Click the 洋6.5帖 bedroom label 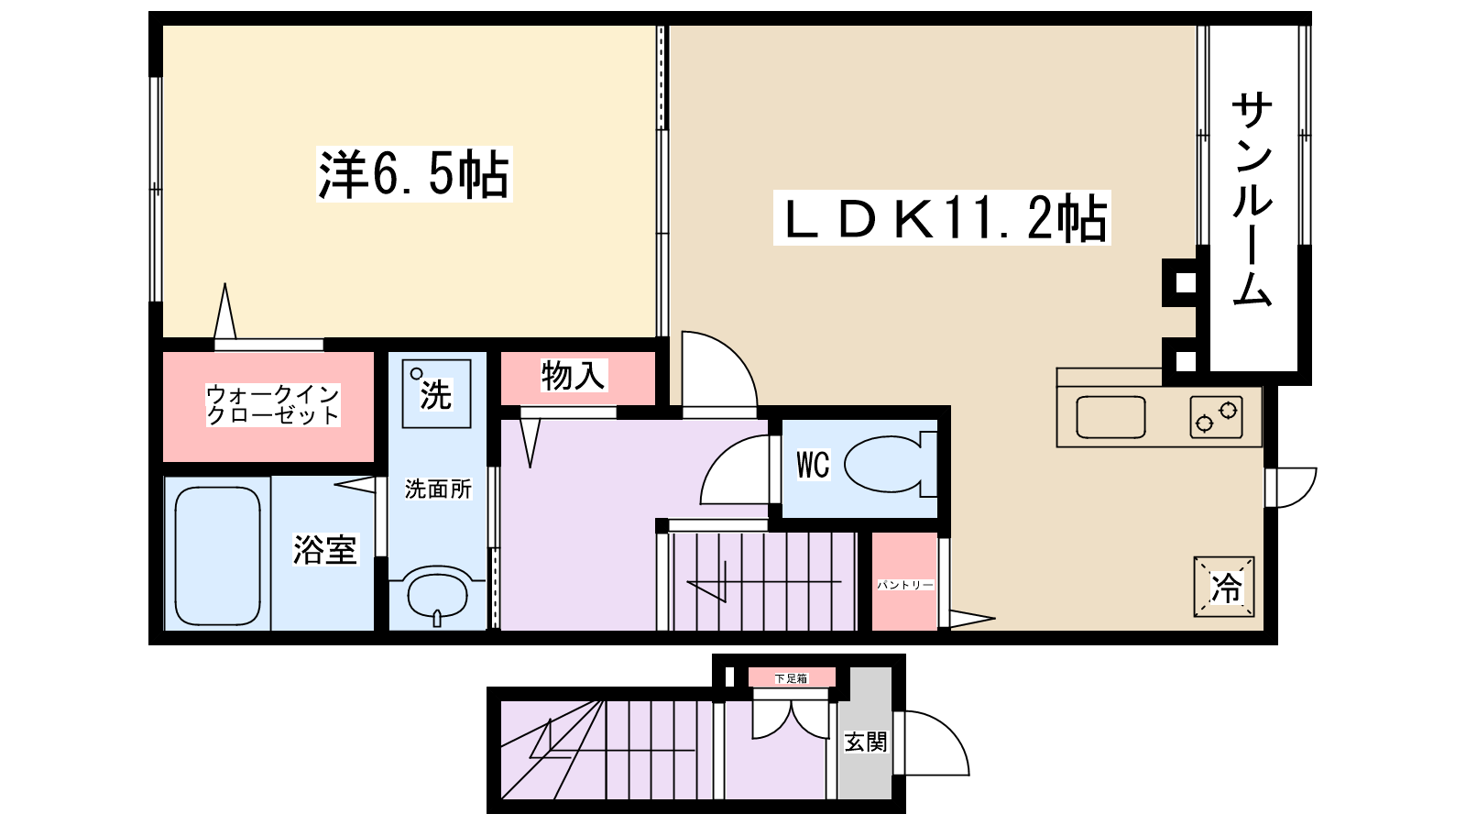413,173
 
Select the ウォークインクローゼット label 272,404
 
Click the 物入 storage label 574,375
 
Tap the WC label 812,465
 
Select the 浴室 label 324,549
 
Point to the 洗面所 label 438,489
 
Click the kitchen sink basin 1110,417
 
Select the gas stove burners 1217,417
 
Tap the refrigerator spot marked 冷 1225,587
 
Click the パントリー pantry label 904,584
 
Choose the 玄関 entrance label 865,741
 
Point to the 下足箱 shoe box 792,678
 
